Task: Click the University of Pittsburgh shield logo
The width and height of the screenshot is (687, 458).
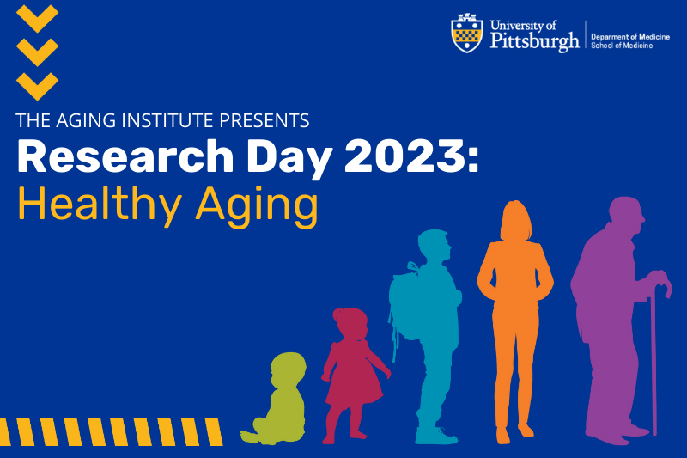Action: pos(467,34)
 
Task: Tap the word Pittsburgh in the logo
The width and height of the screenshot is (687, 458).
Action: pos(534,40)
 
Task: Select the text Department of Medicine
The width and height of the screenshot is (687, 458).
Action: pos(630,37)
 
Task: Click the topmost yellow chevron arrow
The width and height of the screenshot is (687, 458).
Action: pos(37,18)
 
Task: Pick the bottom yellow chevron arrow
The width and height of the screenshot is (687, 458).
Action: pos(37,86)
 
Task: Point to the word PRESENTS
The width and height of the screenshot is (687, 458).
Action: pos(264,120)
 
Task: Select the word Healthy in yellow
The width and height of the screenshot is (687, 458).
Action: pos(100,204)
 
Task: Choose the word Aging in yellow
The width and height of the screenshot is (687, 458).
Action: pos(257,206)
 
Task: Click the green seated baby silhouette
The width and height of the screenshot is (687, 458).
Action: pos(274,399)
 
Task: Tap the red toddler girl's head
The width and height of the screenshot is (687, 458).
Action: pos(350,323)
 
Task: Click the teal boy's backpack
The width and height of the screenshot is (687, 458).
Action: pos(405,302)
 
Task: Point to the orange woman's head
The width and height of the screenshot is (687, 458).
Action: pos(516,220)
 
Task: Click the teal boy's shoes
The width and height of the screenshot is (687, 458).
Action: pos(435,435)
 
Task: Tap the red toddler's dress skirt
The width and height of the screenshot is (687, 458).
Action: pos(353,386)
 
